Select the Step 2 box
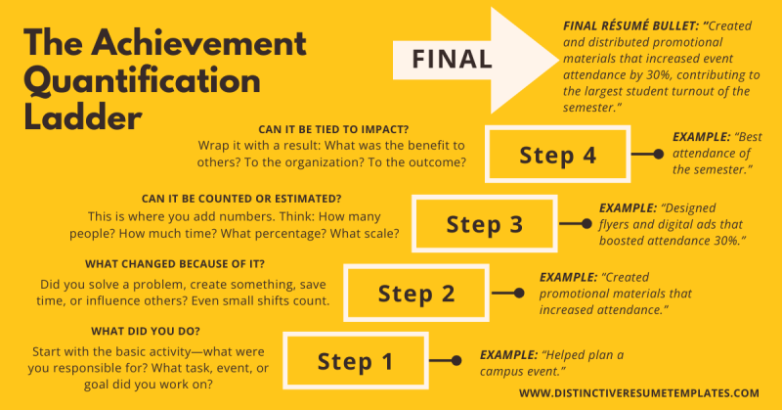click(x=417, y=293)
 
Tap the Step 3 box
click(x=484, y=224)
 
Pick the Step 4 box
click(x=556, y=155)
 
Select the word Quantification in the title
click(x=143, y=79)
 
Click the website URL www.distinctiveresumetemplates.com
click(x=638, y=392)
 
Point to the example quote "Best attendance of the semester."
click(x=714, y=155)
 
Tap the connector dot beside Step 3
click(x=588, y=224)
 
